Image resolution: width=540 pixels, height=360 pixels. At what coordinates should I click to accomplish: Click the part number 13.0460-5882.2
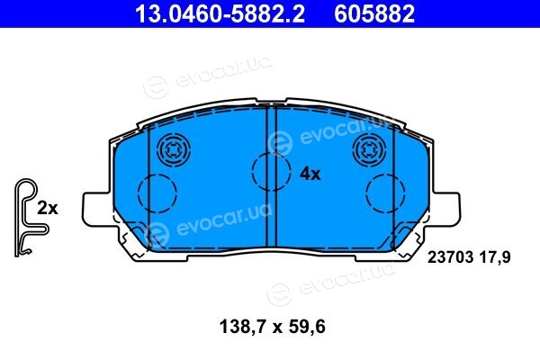pos(220,14)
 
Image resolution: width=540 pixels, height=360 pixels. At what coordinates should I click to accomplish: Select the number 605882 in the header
pos(374,14)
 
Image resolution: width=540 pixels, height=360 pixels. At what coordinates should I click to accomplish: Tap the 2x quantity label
pos(48,209)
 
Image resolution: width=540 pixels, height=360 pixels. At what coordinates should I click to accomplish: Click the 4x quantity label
pos(310,174)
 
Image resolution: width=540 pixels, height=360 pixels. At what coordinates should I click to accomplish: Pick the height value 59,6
pos(307,327)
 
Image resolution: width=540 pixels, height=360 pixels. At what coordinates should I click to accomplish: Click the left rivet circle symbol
pos(174,150)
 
